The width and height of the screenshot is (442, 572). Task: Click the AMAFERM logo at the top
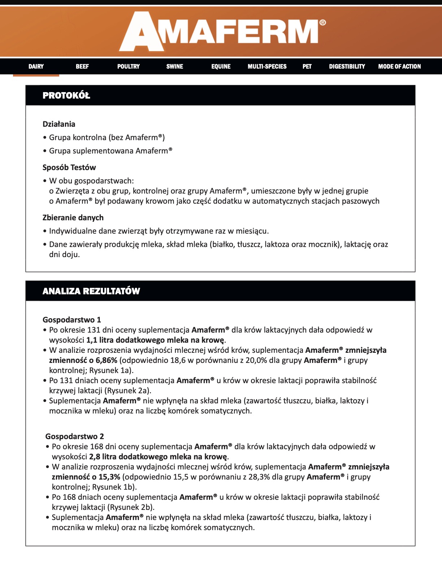coord(222,32)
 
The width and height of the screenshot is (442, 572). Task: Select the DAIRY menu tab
coord(36,66)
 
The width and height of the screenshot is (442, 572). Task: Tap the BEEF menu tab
coord(82,66)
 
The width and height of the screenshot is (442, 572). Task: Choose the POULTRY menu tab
coord(129,66)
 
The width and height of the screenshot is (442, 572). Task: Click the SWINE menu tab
coord(175,66)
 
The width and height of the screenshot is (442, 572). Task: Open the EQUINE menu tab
coord(221,66)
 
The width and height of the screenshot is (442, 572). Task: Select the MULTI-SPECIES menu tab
coord(267,66)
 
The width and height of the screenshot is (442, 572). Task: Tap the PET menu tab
coord(307,66)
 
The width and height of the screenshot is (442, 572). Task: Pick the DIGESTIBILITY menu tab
coord(347,66)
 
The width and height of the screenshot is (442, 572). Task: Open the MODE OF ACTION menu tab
coord(399,66)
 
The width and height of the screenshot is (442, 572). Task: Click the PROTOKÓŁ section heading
coord(66,96)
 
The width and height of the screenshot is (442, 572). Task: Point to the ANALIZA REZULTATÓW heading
coord(91,291)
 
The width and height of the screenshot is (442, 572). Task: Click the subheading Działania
coord(59,124)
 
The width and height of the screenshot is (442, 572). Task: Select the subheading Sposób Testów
coord(69,168)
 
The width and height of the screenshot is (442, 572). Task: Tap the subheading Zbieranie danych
coord(73,218)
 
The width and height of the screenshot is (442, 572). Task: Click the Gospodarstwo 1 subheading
coord(72,320)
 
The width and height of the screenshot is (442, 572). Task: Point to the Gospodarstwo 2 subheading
coord(75,437)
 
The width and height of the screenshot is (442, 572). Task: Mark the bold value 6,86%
coord(106,360)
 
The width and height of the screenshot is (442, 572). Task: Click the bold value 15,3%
coord(109,477)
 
